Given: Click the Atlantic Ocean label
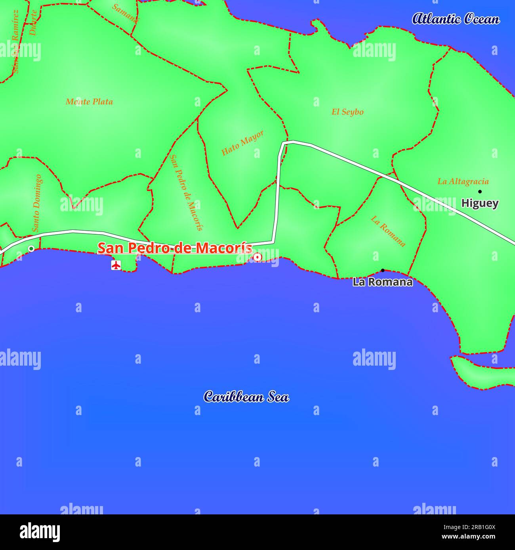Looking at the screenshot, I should pyautogui.click(x=456, y=19).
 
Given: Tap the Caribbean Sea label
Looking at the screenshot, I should pyautogui.click(x=246, y=397).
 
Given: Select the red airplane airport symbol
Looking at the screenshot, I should pyautogui.click(x=116, y=265).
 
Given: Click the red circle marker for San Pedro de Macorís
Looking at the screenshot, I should pyautogui.click(x=257, y=257).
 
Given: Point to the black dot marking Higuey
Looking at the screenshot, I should pyautogui.click(x=480, y=192).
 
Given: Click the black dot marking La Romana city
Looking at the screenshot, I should pyautogui.click(x=383, y=271).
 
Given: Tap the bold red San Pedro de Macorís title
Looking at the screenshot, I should pyautogui.click(x=175, y=248).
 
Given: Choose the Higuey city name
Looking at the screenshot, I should pyautogui.click(x=480, y=203).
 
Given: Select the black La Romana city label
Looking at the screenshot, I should pyautogui.click(x=382, y=282).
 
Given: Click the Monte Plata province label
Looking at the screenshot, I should pyautogui.click(x=89, y=102).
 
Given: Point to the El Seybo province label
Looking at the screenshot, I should pyautogui.click(x=347, y=112).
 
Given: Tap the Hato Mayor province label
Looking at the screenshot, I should pyautogui.click(x=242, y=142).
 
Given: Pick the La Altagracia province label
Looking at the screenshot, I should pyautogui.click(x=463, y=182).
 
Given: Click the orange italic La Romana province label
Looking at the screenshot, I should pyautogui.click(x=388, y=231).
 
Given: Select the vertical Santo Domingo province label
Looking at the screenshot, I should pyautogui.click(x=36, y=203).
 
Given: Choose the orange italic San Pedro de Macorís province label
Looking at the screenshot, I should pyautogui.click(x=186, y=192).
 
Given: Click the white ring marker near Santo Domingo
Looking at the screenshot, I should pyautogui.click(x=31, y=248).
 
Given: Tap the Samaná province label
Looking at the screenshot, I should pyautogui.click(x=125, y=13).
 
